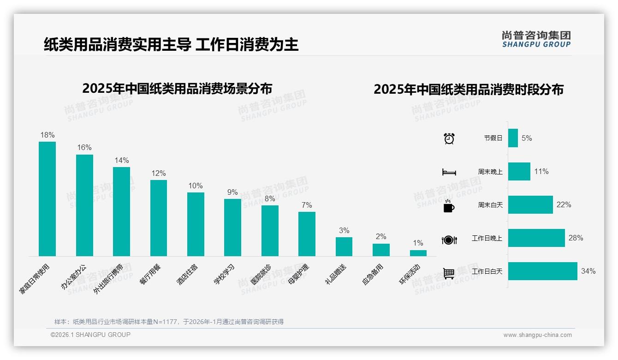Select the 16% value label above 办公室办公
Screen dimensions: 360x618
pos(84,148)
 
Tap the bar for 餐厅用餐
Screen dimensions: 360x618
pos(159,218)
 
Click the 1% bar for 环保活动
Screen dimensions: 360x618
pos(418,253)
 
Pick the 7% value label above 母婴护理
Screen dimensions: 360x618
pos(307,205)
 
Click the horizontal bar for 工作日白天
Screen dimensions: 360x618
pos(542,271)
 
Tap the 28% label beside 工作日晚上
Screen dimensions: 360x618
pos(576,238)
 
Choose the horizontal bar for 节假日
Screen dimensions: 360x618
pos(513,138)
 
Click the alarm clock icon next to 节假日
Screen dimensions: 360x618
pos(449,138)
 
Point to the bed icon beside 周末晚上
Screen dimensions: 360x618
pos(449,172)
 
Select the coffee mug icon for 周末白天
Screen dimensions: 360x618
pos(449,206)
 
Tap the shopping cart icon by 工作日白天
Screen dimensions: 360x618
pos(449,273)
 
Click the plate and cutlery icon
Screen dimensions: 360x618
pos(449,240)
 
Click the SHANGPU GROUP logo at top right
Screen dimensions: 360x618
pos(536,39)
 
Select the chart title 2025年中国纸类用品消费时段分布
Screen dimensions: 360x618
pos(469,90)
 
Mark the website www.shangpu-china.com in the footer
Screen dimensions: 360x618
pos(537,335)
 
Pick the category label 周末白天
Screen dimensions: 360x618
pos(490,205)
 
